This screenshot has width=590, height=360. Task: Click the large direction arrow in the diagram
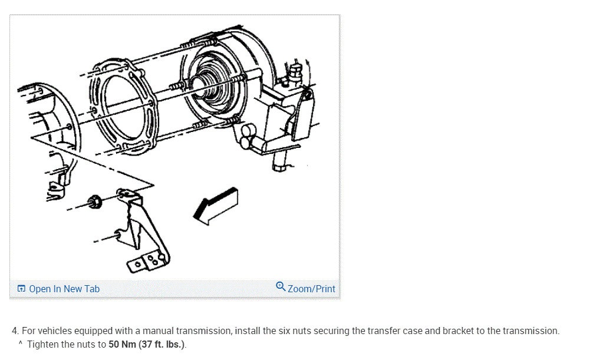click(216, 206)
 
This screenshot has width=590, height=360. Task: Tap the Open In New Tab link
click(64, 289)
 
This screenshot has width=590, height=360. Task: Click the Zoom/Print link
click(311, 289)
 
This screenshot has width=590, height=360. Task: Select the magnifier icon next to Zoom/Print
click(281, 288)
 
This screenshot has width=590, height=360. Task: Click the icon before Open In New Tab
click(21, 289)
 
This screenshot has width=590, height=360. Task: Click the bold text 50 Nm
click(123, 345)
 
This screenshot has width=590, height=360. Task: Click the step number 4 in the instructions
click(14, 331)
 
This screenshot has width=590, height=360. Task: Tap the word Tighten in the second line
click(42, 345)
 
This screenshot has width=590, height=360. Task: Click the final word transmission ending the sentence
click(531, 331)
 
